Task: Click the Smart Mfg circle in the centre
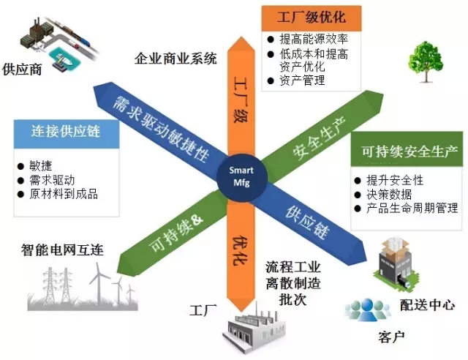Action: pyautogui.click(x=241, y=178)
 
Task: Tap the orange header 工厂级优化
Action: pyautogui.click(x=312, y=18)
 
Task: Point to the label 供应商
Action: pyautogui.click(x=22, y=70)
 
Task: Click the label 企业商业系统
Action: pyautogui.click(x=175, y=59)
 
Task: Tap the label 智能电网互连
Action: pyautogui.click(x=62, y=250)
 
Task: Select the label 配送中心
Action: pyautogui.click(x=427, y=304)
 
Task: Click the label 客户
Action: pyautogui.click(x=391, y=337)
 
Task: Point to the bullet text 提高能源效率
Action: pyautogui.click(x=314, y=39)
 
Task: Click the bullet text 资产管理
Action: pyautogui.click(x=302, y=80)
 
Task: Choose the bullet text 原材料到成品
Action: pyautogui.click(x=64, y=194)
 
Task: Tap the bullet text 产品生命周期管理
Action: pyautogui.click(x=412, y=208)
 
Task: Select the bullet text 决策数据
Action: pyautogui.click(x=389, y=194)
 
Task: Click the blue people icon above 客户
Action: pyautogui.click(x=367, y=310)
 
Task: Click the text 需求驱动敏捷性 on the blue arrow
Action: pyautogui.click(x=160, y=129)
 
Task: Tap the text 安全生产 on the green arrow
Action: pyautogui.click(x=319, y=137)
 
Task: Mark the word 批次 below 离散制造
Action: pyautogui.click(x=292, y=299)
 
